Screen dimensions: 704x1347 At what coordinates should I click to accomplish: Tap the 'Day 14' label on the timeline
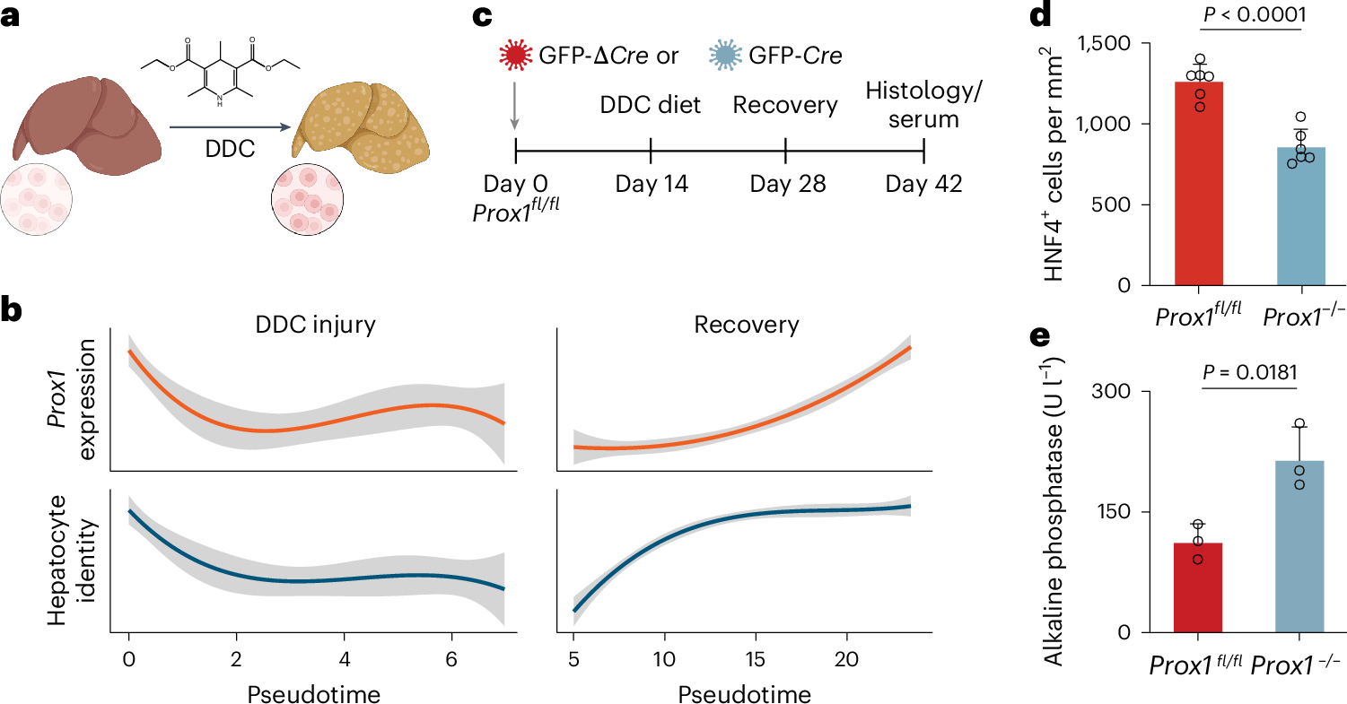tap(652, 185)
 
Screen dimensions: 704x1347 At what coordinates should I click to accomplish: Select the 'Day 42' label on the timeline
tap(923, 185)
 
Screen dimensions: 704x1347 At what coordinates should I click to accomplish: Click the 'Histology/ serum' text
tap(923, 104)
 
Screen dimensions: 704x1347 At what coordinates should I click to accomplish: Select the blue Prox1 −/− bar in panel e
tap(1299, 546)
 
